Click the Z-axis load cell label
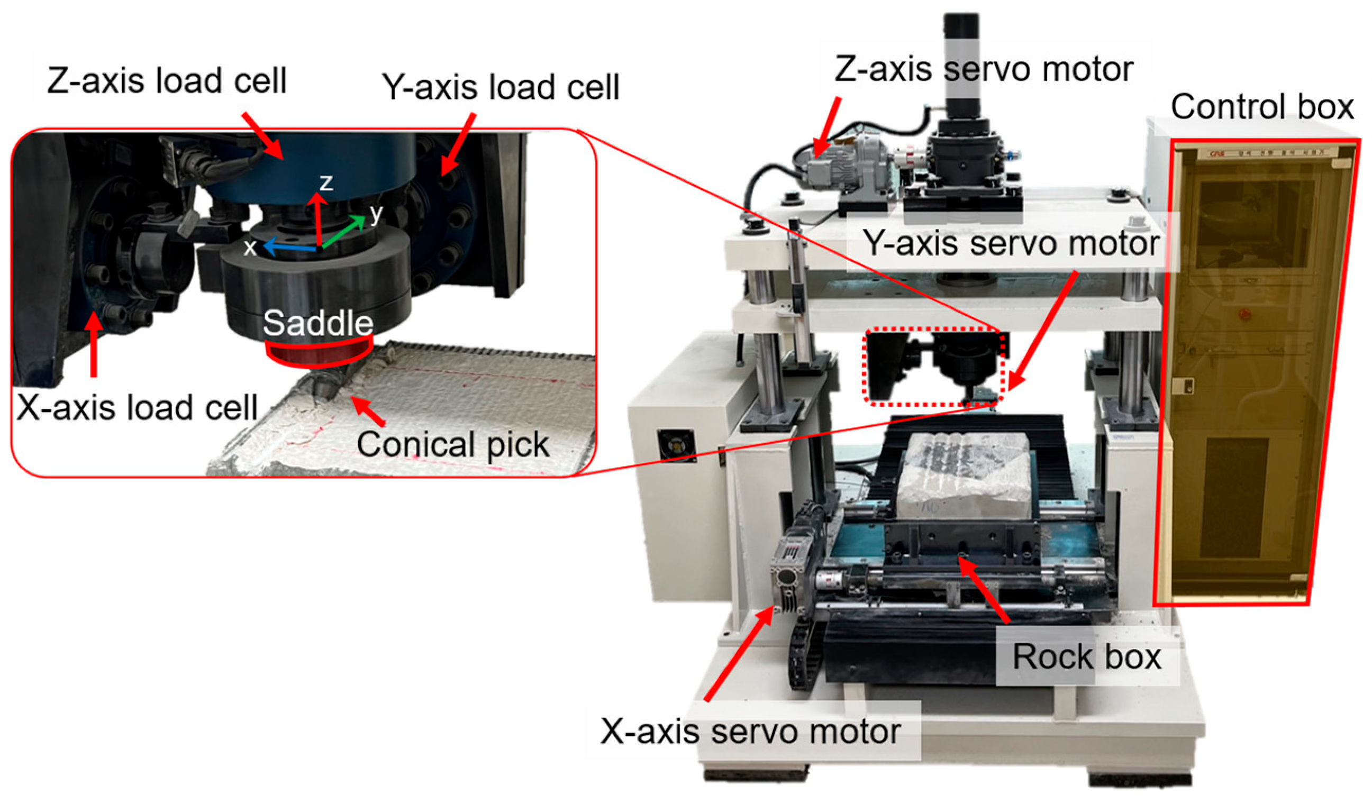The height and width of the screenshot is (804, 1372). (167, 80)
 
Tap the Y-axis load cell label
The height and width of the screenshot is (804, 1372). (501, 87)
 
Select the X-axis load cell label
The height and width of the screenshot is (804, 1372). (137, 407)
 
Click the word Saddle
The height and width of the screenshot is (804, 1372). (318, 323)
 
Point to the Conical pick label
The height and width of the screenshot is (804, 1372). (453, 445)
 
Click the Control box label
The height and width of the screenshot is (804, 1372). (1262, 107)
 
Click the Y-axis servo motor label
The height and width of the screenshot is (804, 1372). (1012, 243)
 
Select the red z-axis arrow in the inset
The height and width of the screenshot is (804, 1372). (317, 221)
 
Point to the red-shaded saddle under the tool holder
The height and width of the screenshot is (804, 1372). (319, 353)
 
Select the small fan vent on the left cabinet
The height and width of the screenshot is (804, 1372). (676, 445)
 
